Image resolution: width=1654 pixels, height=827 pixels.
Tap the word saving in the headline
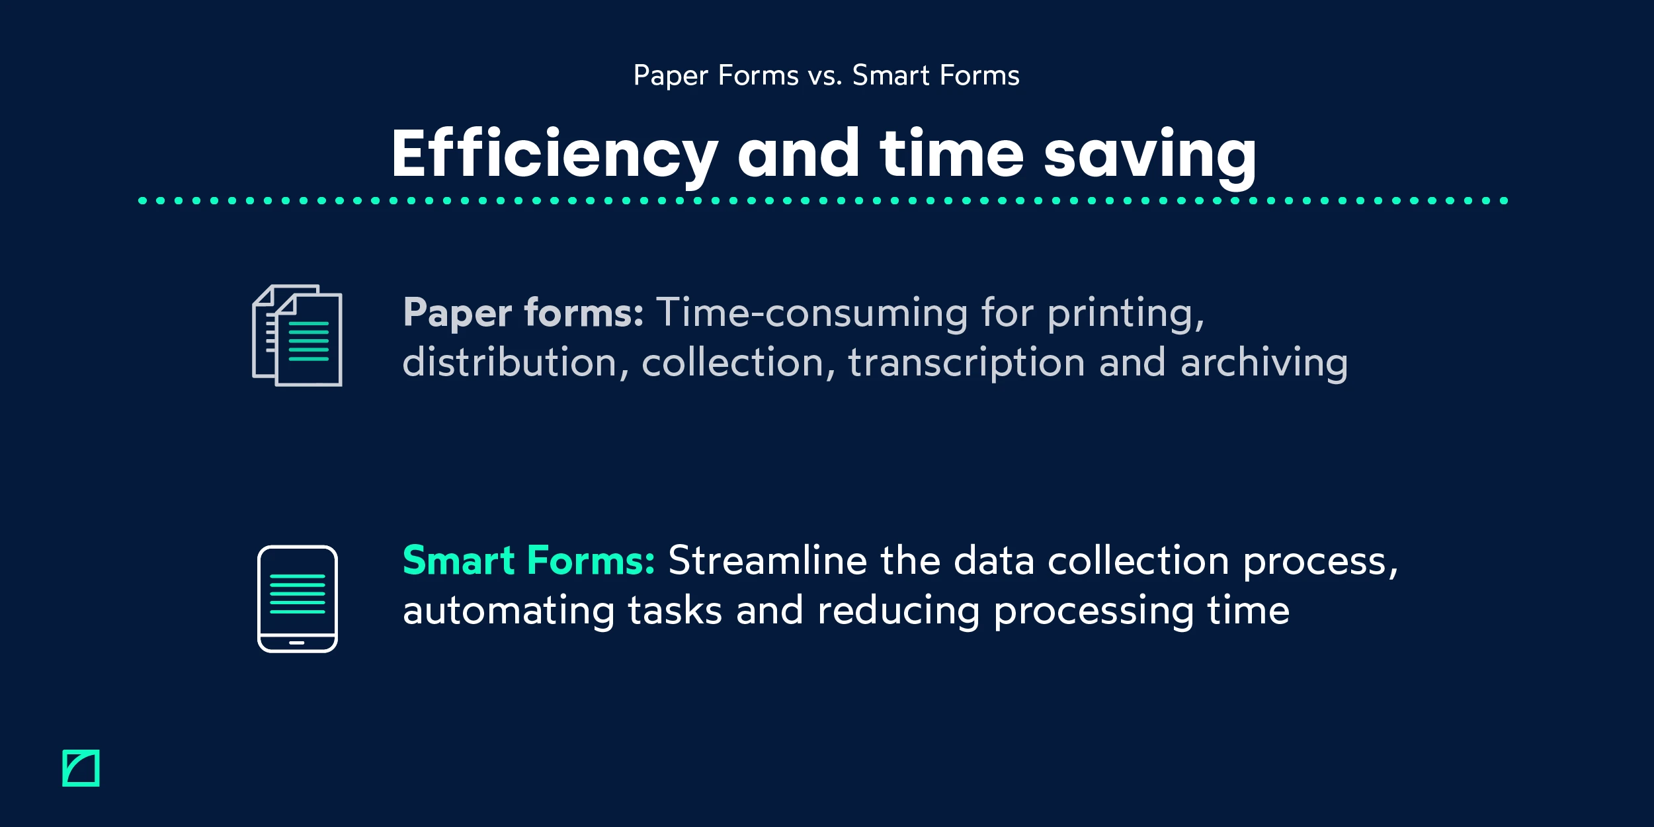[1149, 155]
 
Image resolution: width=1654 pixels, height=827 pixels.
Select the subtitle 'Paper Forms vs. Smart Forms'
[826, 75]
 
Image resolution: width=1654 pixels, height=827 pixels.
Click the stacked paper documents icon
[297, 336]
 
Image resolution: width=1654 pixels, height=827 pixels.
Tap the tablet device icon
[297, 599]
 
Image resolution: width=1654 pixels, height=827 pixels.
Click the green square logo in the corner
[81, 768]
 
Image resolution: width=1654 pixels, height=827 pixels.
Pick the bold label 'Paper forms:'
[523, 313]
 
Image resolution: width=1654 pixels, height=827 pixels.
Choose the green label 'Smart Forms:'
[528, 561]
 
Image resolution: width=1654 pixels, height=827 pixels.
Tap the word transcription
[966, 362]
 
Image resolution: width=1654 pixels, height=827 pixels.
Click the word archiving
[1264, 362]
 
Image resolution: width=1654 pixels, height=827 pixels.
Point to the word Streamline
[767, 561]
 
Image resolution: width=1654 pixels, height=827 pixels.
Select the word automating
[509, 611]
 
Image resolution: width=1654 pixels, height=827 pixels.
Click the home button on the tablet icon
[297, 643]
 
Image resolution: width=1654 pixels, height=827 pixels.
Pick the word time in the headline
[952, 155]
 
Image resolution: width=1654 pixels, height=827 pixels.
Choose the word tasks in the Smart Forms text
[675, 611]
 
